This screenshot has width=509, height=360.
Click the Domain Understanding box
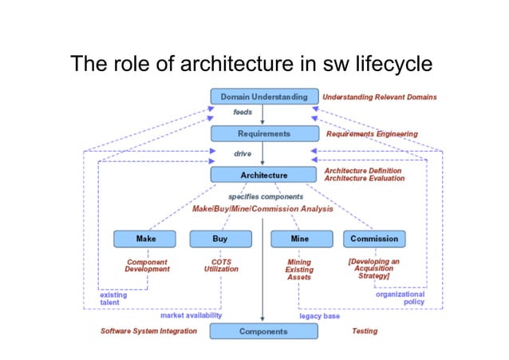pyautogui.click(x=263, y=97)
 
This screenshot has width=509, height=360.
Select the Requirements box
pyautogui.click(x=263, y=133)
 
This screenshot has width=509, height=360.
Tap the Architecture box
pyautogui.click(x=263, y=174)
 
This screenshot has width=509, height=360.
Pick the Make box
pyautogui.click(x=145, y=239)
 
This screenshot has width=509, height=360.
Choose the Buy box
pyautogui.click(x=220, y=239)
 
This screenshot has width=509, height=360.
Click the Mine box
pyautogui.click(x=300, y=239)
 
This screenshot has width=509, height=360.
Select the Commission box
pyautogui.click(x=373, y=239)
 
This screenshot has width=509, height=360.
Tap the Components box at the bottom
pyautogui.click(x=263, y=330)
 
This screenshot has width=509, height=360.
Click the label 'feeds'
pyautogui.click(x=243, y=113)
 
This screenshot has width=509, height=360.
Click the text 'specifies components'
pyautogui.click(x=266, y=196)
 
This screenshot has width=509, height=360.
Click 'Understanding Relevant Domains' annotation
pyautogui.click(x=380, y=97)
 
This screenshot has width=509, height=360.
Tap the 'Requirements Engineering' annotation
pyautogui.click(x=372, y=133)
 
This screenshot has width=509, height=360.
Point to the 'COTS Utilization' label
pyautogui.click(x=221, y=266)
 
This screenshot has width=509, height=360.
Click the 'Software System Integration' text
pyautogui.click(x=148, y=330)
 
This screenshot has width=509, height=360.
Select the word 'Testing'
pyautogui.click(x=365, y=330)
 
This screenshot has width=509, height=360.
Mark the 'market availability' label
pyautogui.click(x=191, y=315)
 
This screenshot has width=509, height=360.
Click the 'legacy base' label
pyautogui.click(x=319, y=316)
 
